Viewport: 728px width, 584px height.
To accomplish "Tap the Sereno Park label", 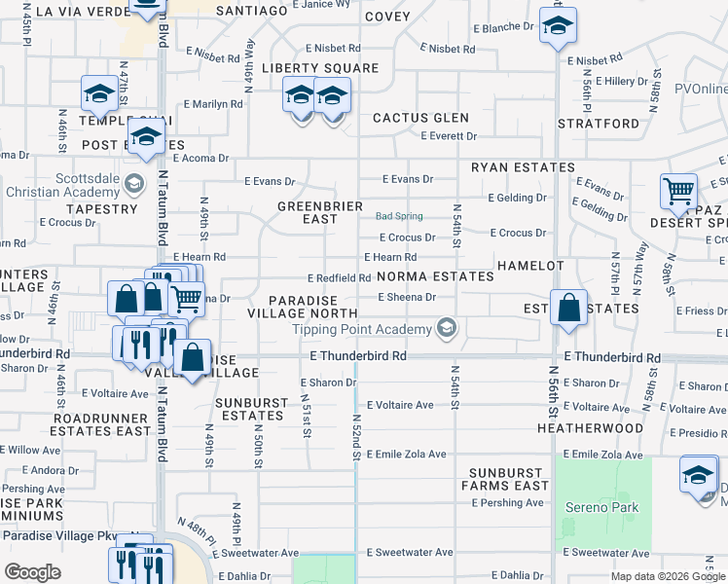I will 601,507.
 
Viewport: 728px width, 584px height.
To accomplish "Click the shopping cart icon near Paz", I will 678,191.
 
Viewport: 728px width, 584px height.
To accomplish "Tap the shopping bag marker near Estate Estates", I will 569,308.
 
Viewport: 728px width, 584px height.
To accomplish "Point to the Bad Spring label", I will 399,215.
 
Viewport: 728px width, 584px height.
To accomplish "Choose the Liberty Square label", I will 320,68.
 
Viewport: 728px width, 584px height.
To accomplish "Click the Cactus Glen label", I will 421,118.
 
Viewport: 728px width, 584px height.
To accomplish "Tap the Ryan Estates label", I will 523,167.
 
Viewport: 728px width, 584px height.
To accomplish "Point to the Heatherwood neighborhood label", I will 590,428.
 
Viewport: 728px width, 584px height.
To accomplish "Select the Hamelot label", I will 529,266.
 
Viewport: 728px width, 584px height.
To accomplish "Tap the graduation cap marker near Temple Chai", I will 99,93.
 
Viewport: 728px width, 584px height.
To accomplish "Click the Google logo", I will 32,572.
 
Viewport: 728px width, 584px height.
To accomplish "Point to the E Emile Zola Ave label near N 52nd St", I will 406,454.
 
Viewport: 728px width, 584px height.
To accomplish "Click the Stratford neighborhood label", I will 599,124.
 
